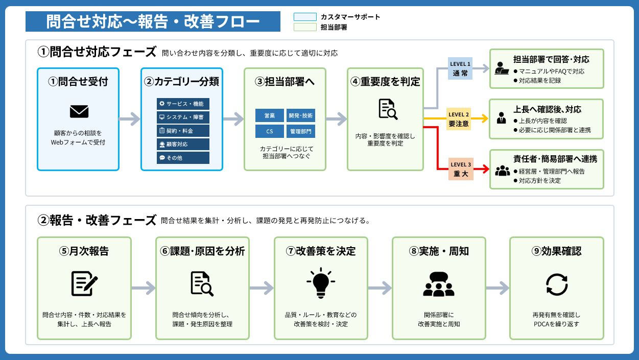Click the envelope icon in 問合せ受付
tap(79, 111)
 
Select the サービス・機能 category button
tap(183, 104)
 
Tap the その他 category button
tap(183, 158)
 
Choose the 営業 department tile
tap(270, 115)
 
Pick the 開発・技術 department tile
tap(301, 115)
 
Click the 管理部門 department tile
tap(301, 131)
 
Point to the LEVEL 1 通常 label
tap(460, 68)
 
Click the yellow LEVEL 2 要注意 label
tap(458, 119)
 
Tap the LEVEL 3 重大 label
tap(461, 169)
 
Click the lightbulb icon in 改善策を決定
tap(321, 283)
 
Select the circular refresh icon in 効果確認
tap(557, 284)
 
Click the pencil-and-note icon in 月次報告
tap(84, 283)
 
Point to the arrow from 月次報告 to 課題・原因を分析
tap(144, 288)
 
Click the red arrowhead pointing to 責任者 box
tap(486, 169)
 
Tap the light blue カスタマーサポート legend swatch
tap(305, 17)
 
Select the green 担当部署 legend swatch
tap(305, 27)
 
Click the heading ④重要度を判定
tap(385, 82)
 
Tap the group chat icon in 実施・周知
tap(439, 284)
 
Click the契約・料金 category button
tap(183, 131)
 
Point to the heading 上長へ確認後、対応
tap(547, 109)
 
